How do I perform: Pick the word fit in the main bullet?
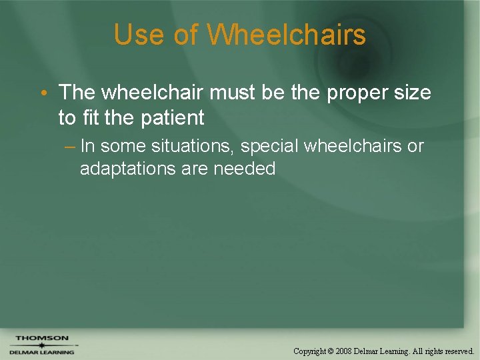(x=91, y=117)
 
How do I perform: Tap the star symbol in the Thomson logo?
(x=41, y=345)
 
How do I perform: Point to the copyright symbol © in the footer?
(x=331, y=351)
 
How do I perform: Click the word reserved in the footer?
(x=458, y=351)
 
